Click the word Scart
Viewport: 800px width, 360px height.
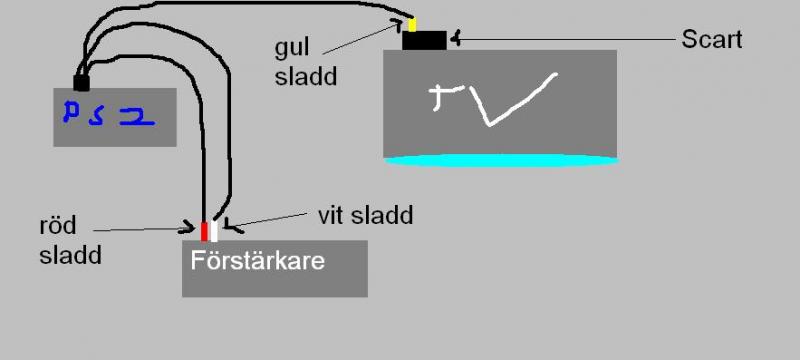pos(711,40)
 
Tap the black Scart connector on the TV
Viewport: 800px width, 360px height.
pos(424,40)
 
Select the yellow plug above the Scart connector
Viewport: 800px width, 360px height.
pos(411,24)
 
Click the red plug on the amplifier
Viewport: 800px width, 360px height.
pos(204,231)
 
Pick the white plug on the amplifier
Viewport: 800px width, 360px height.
pos(214,231)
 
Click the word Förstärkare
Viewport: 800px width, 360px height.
pos(258,263)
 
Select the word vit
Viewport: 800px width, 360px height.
pos(331,215)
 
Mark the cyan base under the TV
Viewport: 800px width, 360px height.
pos(500,159)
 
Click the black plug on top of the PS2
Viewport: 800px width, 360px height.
pos(82,82)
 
